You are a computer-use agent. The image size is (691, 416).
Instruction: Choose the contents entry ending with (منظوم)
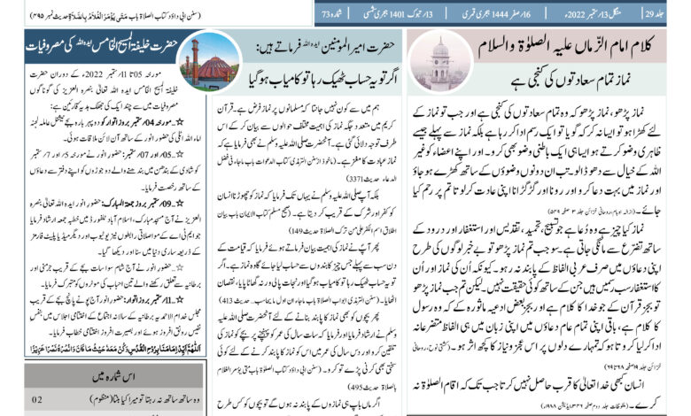pos(130,400)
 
